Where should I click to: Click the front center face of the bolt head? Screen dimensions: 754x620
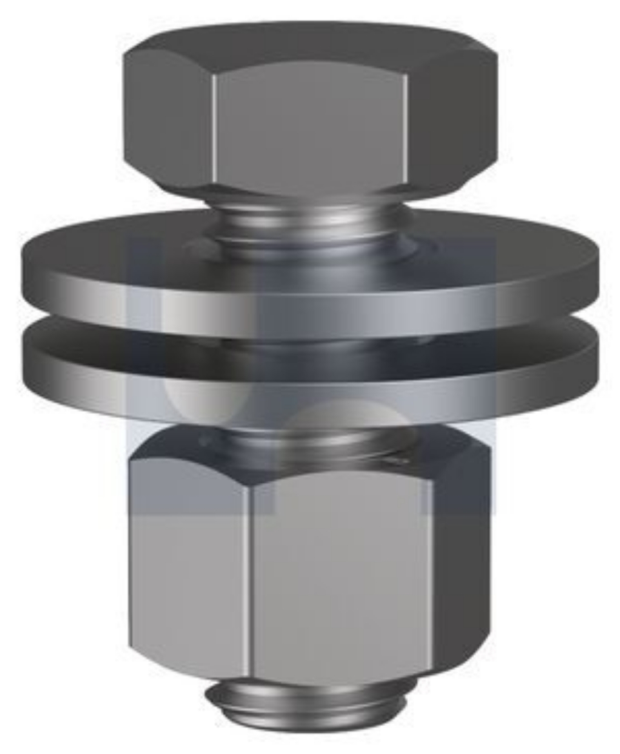[x=310, y=126]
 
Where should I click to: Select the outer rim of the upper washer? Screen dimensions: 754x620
[x=310, y=303]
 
